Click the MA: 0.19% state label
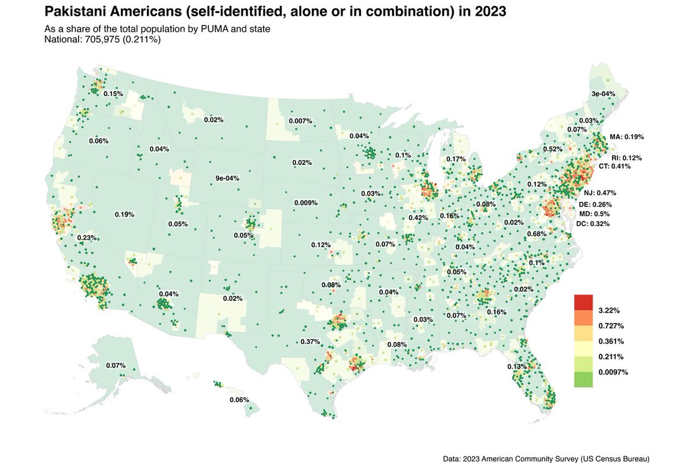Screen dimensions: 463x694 (x=626, y=137)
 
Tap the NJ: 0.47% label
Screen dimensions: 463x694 (x=600, y=193)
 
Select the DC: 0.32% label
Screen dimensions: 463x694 (x=593, y=223)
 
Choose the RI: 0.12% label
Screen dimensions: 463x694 (x=627, y=157)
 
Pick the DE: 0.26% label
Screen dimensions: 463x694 (x=595, y=205)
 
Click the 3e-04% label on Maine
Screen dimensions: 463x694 (x=603, y=94)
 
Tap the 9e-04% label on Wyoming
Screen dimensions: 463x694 (x=227, y=178)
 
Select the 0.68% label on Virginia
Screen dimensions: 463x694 (x=537, y=234)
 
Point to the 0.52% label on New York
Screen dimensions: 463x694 (x=552, y=149)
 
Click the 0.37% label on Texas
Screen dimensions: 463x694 (x=310, y=342)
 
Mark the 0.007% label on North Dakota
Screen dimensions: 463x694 (x=300, y=121)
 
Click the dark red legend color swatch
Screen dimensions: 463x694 (x=584, y=303)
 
